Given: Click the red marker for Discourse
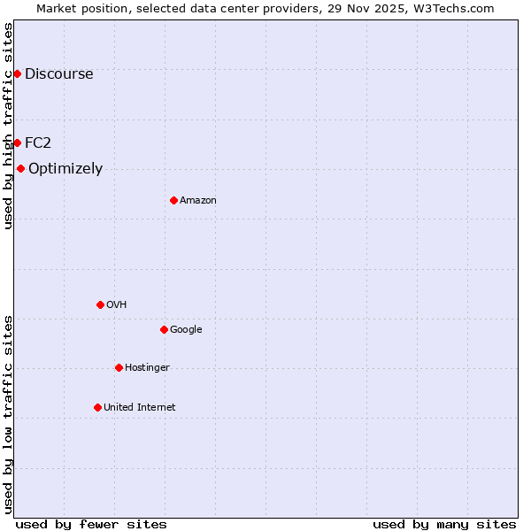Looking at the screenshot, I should pos(17,73).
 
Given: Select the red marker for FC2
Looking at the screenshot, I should pos(17,142).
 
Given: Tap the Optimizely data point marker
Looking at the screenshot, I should pos(20,168).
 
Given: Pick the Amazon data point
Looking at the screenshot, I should pos(173,200).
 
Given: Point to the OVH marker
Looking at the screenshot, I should pos(100,304).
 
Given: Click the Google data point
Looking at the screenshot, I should pos(164,329).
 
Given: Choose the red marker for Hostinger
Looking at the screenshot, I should pos(119,367).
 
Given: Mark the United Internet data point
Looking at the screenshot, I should pos(97,407).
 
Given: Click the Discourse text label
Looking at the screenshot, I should pos(58,74).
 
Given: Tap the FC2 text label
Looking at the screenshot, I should pos(38,143).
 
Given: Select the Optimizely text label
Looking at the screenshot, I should pos(65,169).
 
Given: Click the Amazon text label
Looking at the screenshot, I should pos(198,201).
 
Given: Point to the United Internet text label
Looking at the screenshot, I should pos(140,408).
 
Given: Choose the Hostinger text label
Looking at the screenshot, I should pos(147,368).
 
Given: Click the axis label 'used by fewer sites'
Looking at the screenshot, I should pos(91,525).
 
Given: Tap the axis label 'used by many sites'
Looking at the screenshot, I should pos(444,525).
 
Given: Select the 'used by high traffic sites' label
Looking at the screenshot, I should pos(8,126).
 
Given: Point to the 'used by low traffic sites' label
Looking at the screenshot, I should pos(8,414).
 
